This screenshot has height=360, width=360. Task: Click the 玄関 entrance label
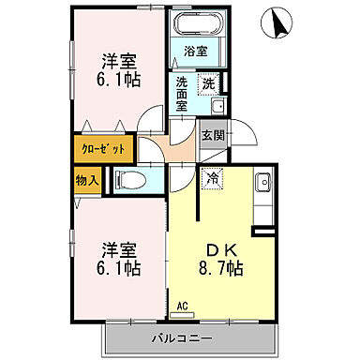click(x=212, y=135)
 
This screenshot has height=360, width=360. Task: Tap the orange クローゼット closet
click(x=101, y=149)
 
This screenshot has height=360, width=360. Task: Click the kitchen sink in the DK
click(x=263, y=184)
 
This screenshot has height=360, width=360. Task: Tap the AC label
click(x=183, y=306)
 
